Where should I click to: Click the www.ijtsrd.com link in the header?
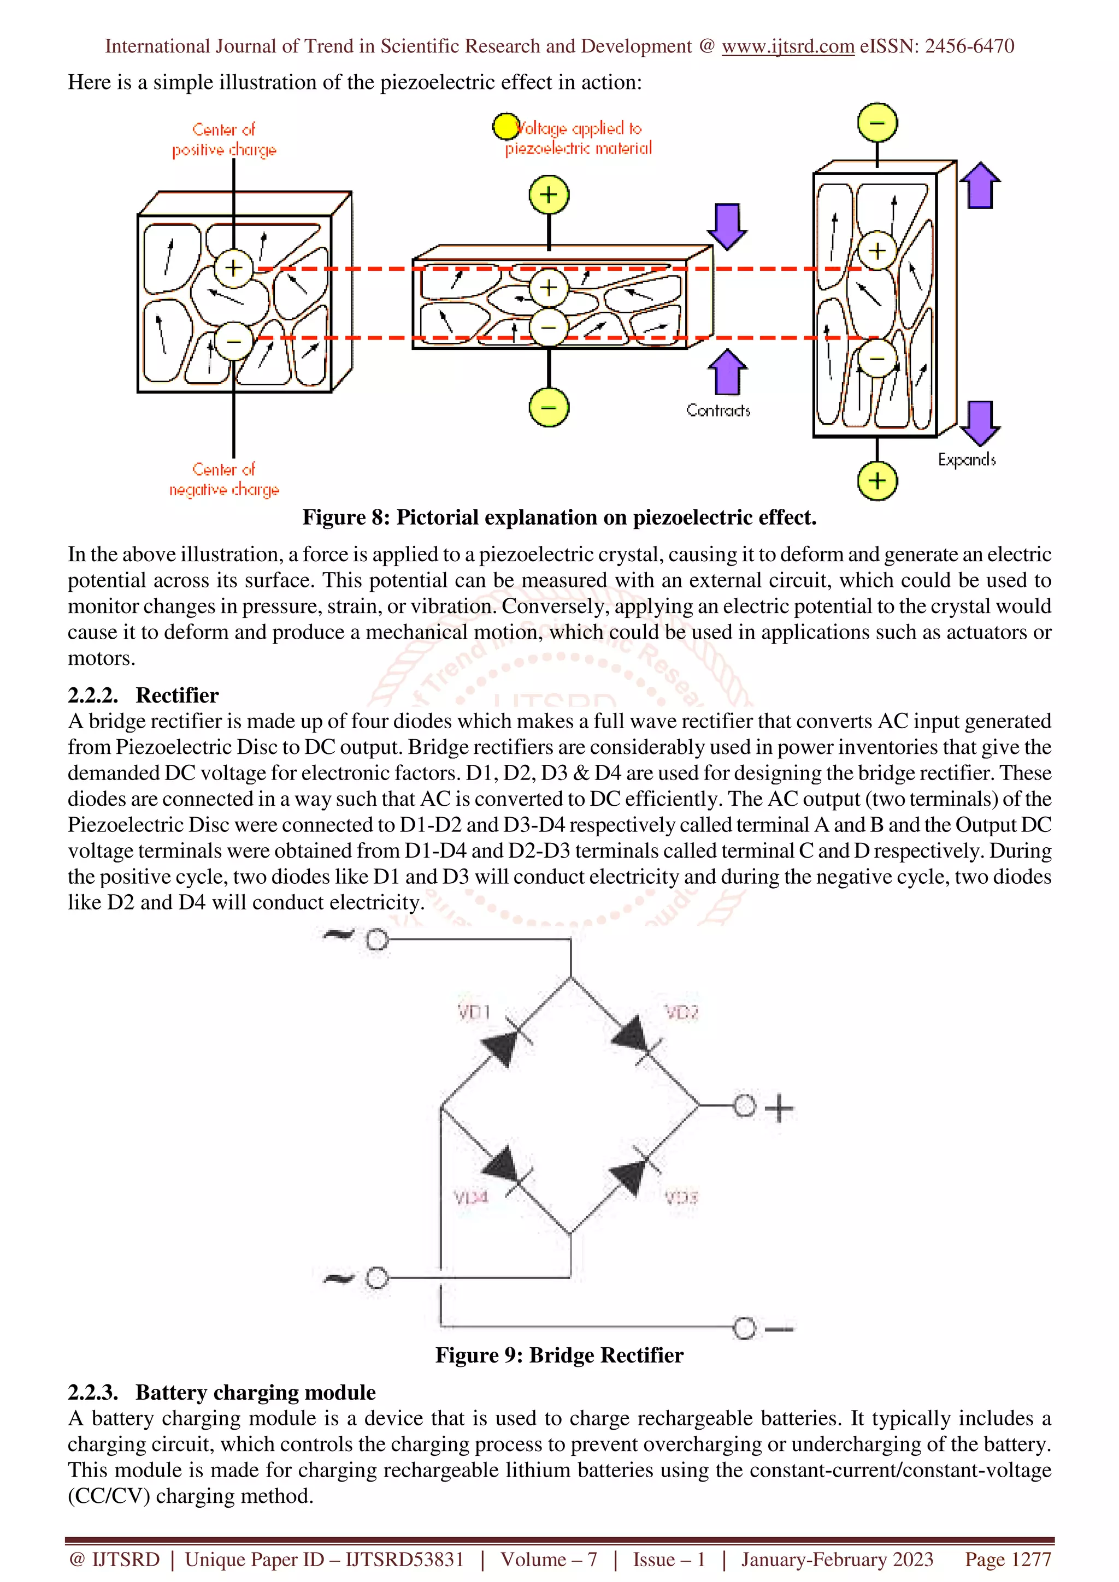(x=787, y=46)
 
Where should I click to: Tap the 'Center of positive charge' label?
(x=224, y=139)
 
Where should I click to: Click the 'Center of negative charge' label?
(x=224, y=479)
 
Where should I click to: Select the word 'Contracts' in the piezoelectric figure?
(x=718, y=411)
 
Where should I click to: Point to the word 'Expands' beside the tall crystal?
(x=967, y=460)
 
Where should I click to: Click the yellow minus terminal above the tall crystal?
(x=877, y=123)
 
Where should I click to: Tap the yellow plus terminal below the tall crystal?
(x=877, y=480)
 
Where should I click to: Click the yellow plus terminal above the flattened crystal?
(x=548, y=194)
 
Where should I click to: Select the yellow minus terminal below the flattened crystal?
(x=548, y=407)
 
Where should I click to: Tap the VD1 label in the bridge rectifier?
(x=474, y=1012)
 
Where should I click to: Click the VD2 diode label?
(x=681, y=1012)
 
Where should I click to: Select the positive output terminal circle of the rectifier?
(x=744, y=1106)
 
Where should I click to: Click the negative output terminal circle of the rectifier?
(x=744, y=1328)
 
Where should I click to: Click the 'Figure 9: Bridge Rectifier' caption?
(x=559, y=1355)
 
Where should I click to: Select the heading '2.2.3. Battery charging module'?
(x=221, y=1393)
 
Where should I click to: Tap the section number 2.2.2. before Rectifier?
(x=92, y=695)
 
